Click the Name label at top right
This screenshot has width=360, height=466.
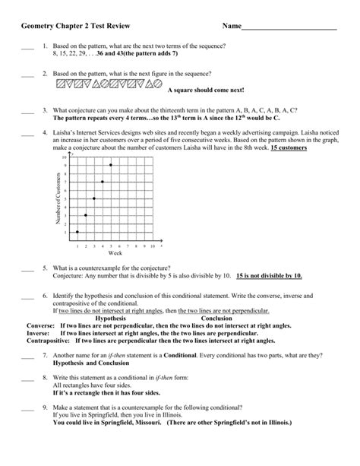click(x=231, y=27)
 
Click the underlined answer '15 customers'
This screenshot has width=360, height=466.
click(x=289, y=148)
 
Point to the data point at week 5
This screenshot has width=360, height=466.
click(x=111, y=165)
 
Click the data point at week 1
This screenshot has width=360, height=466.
click(x=77, y=232)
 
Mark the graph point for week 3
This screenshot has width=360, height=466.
click(x=94, y=198)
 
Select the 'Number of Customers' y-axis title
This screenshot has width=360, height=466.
click(x=57, y=199)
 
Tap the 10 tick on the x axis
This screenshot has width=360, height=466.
click(x=152, y=246)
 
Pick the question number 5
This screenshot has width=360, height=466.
click(x=46, y=268)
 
